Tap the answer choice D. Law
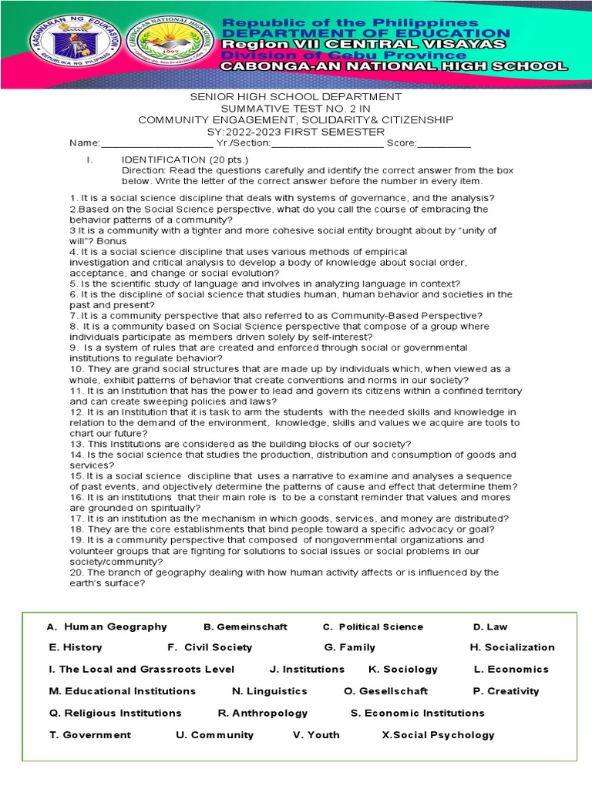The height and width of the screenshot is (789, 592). tap(490, 626)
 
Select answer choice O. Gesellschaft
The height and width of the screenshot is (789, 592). tap(385, 691)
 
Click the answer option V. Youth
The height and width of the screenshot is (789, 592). tap(316, 735)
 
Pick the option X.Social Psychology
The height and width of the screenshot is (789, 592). tap(438, 735)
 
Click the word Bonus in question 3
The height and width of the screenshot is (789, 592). tap(112, 240)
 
